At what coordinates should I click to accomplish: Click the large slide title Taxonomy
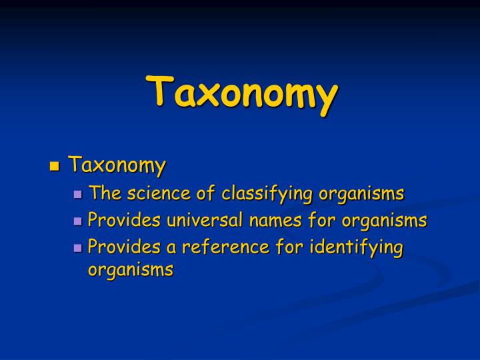[241, 93]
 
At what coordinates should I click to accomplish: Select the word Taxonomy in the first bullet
[117, 165]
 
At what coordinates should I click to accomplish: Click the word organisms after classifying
[361, 194]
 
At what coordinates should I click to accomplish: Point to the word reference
[221, 247]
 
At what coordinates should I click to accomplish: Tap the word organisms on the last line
[131, 269]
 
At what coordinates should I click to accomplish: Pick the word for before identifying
[285, 247]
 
